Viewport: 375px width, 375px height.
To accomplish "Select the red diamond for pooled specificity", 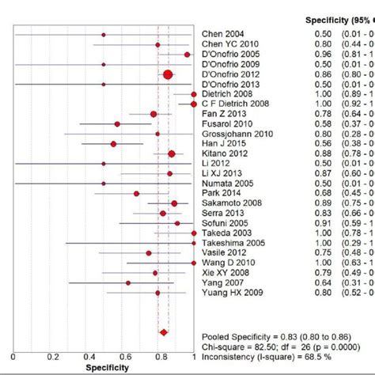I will (x=164, y=333).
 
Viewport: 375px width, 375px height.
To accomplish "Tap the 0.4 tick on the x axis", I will (x=86, y=357).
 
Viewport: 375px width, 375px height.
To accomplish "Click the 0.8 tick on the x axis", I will (x=158, y=357).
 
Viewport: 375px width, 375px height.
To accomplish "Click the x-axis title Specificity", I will (x=104, y=369).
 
